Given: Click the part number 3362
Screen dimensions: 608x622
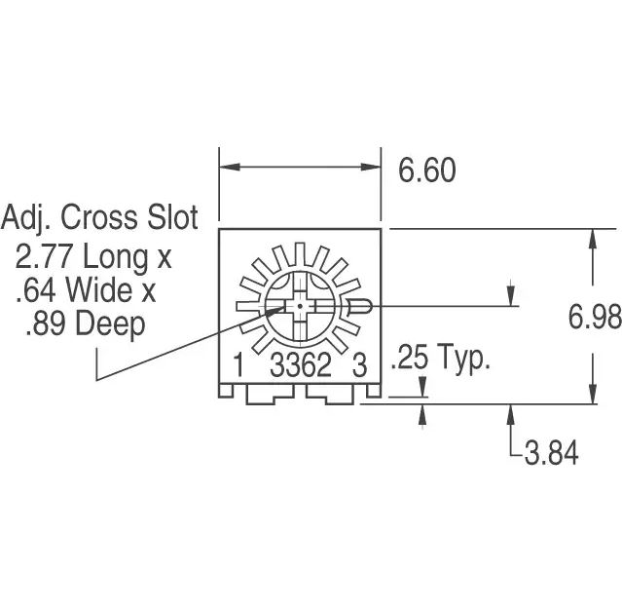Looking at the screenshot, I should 301,366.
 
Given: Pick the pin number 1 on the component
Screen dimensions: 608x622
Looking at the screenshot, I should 238,366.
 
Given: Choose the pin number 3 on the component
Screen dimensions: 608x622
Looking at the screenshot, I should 358,366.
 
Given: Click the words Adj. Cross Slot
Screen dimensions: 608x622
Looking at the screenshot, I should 99,217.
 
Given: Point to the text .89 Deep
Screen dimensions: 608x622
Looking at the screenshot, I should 85,323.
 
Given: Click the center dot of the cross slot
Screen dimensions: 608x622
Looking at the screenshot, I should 300,306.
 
